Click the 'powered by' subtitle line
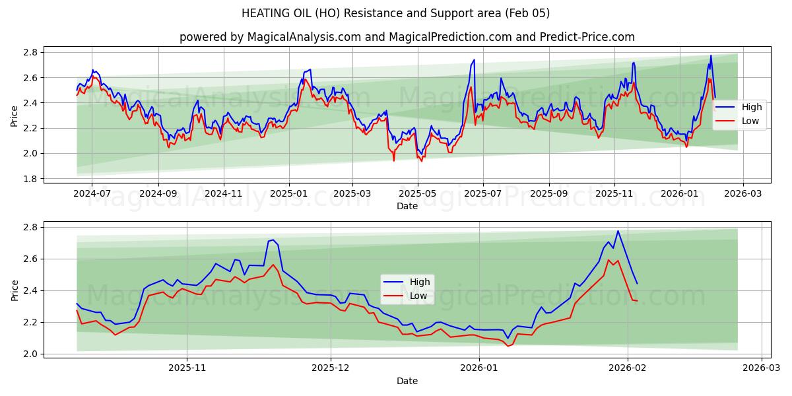(407, 37)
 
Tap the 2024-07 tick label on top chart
(92, 194)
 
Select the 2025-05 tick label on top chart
(418, 194)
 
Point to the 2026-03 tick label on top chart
(743, 194)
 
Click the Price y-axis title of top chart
(14, 115)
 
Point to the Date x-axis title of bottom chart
(407, 381)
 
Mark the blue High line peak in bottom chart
(618, 231)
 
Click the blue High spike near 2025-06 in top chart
(474, 60)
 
